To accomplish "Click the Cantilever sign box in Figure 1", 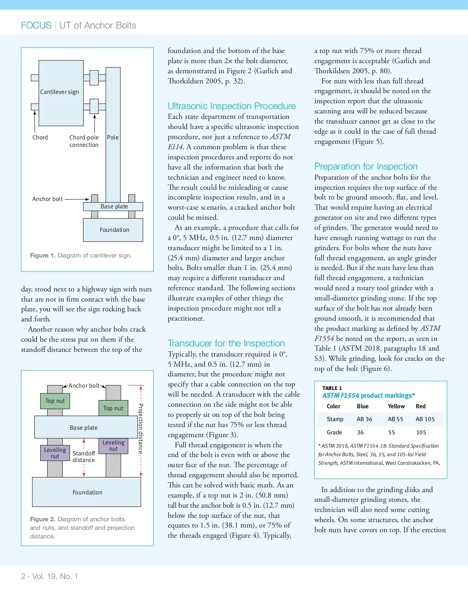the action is [61, 93].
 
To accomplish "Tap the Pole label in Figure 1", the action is [113, 138].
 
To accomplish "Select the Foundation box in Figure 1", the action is [113, 230].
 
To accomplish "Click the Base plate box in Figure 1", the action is [113, 206].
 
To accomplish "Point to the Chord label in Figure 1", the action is [40, 138].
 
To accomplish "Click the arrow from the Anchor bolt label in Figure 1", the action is [77, 199].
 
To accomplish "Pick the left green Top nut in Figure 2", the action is [55, 401].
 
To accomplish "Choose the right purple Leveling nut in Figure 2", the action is [113, 446].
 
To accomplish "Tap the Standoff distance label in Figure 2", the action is [83, 457].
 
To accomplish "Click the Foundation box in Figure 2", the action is [87, 492].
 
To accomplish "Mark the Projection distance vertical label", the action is [141, 429].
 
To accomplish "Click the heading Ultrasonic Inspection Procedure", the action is [232, 106].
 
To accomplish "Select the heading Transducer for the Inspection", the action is [226, 343].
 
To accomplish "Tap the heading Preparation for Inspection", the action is [366, 166].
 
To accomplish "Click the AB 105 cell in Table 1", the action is [425, 419].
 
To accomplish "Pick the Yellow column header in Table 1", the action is [396, 406].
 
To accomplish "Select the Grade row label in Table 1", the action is [334, 432].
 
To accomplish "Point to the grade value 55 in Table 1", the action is [392, 432].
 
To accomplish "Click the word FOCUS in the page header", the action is [36, 25].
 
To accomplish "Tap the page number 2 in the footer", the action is [23, 576].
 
